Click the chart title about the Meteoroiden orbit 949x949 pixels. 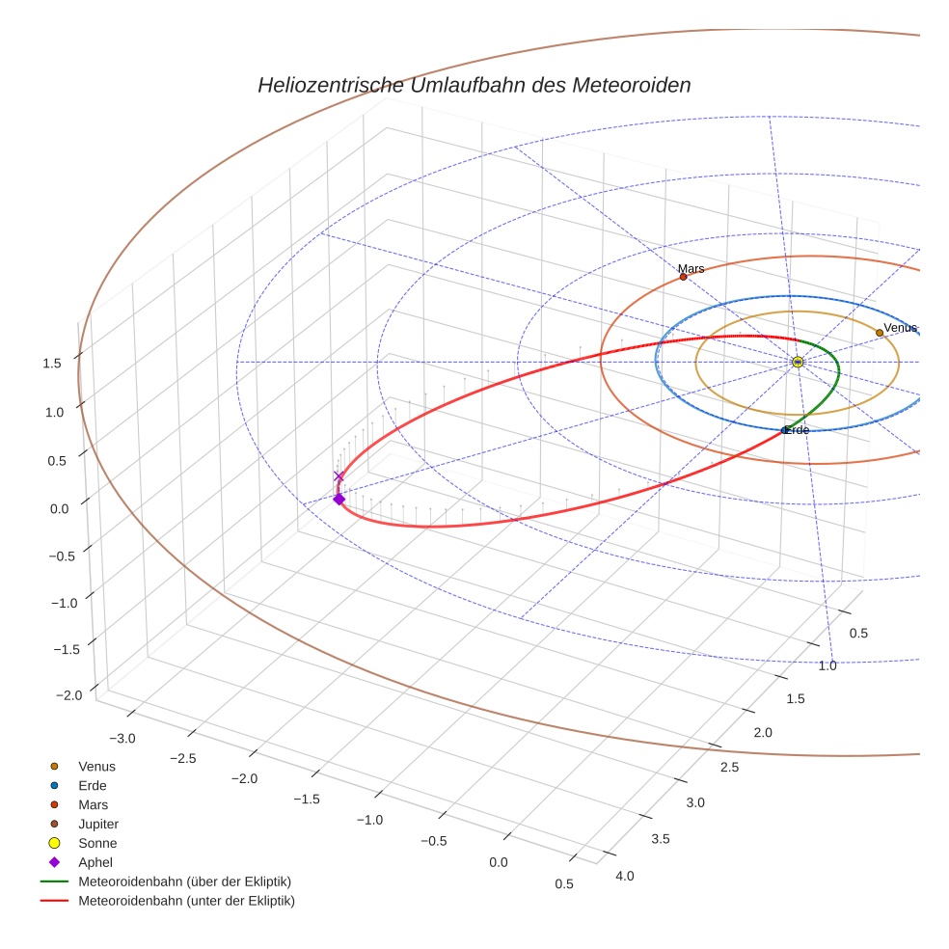click(474, 85)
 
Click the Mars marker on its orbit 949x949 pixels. click(684, 277)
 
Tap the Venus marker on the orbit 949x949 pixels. click(880, 333)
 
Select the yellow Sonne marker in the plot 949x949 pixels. click(798, 362)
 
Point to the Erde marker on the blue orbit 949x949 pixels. click(784, 430)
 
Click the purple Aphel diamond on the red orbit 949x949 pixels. click(339, 499)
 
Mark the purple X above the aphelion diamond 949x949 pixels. click(339, 476)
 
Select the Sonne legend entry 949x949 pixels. click(97, 843)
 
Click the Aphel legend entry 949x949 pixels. click(95, 862)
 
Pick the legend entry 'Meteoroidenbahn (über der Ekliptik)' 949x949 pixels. click(184, 881)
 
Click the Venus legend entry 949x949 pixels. click(96, 766)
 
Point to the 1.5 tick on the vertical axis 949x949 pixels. click(52, 363)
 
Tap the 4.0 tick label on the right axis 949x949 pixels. click(624, 876)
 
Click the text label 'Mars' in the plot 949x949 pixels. click(691, 268)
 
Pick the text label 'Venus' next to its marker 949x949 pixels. click(901, 328)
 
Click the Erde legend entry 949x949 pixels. click(93, 785)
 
